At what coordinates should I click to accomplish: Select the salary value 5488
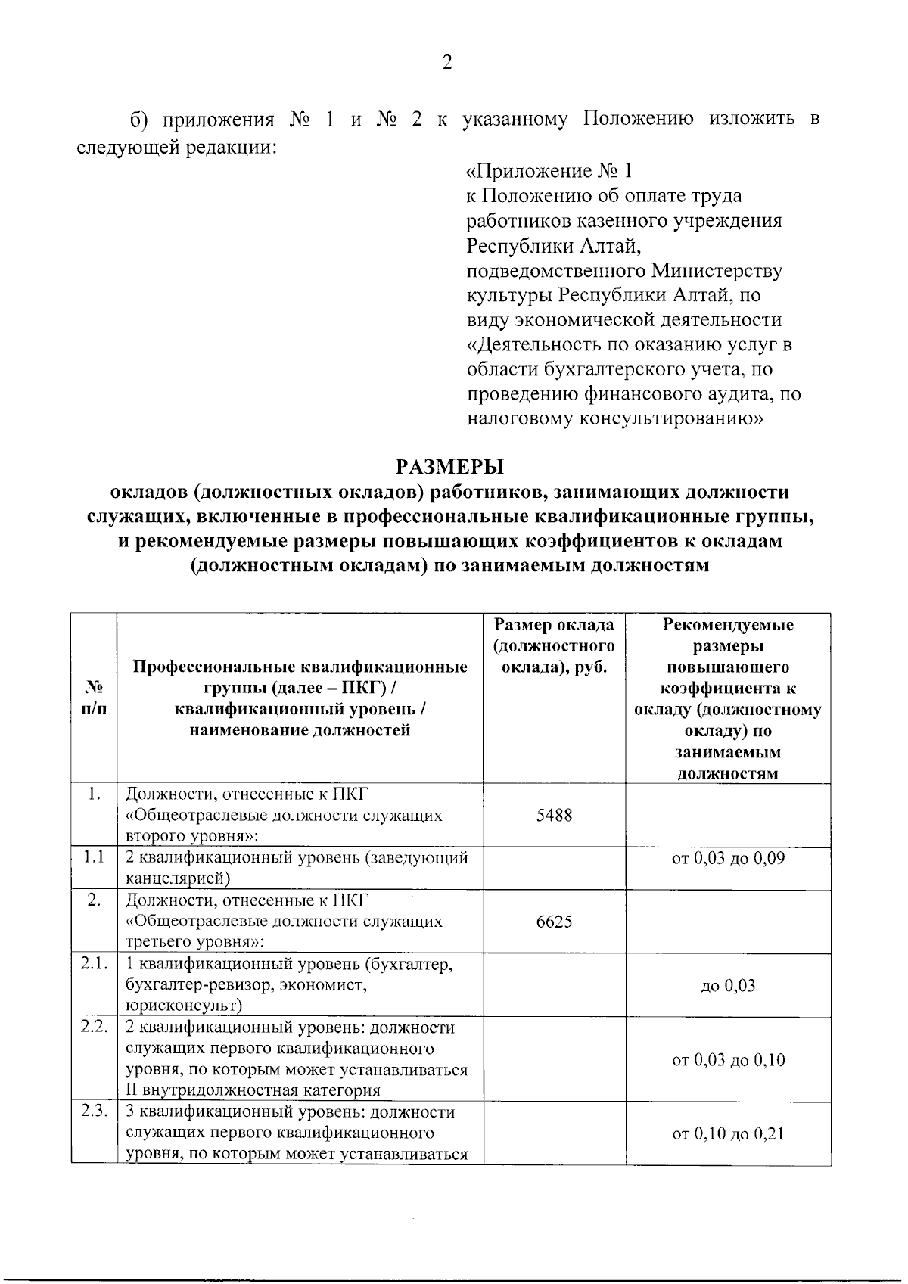click(x=554, y=816)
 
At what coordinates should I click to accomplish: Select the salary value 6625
click(x=554, y=922)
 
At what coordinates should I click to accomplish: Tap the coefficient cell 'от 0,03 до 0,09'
click(x=728, y=858)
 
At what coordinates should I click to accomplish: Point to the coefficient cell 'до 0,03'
click(x=728, y=986)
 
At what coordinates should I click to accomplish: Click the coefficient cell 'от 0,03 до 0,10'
click(x=728, y=1060)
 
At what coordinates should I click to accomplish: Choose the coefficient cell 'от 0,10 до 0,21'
click(x=728, y=1133)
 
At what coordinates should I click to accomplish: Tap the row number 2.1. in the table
click(x=94, y=964)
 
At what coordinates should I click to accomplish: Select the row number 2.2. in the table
click(x=94, y=1028)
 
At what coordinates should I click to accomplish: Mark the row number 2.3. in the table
click(x=94, y=1112)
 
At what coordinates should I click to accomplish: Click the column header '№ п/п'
click(x=94, y=698)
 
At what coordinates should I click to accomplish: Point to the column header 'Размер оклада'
click(x=554, y=625)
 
